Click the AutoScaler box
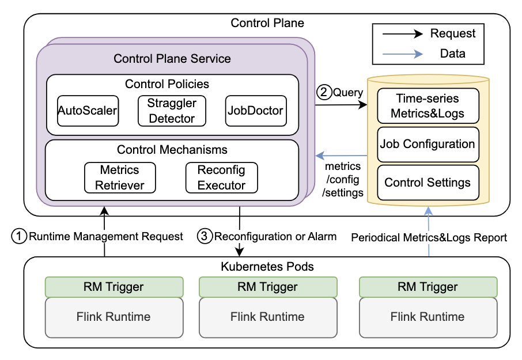click(x=88, y=111)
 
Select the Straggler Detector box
click(x=172, y=111)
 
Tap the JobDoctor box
click(x=256, y=111)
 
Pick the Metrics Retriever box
click(x=120, y=177)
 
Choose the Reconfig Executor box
click(x=221, y=177)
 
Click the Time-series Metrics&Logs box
click(x=428, y=105)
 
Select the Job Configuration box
click(x=428, y=144)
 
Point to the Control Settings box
click(x=428, y=183)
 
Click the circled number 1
click(x=20, y=236)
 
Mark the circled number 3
click(x=205, y=236)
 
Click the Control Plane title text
click(x=267, y=23)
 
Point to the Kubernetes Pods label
click(x=267, y=267)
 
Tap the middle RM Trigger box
click(x=267, y=287)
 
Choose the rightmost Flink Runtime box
click(x=428, y=317)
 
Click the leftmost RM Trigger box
click(x=114, y=287)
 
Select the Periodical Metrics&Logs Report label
click(x=429, y=237)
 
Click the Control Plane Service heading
click(x=172, y=58)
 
